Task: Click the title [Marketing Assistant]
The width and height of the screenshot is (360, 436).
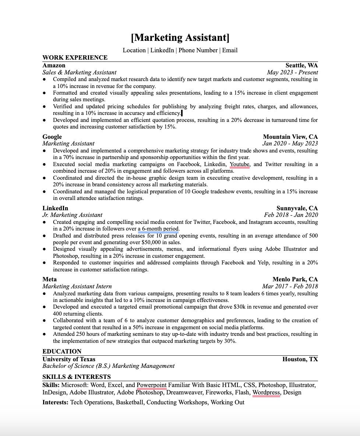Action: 180,38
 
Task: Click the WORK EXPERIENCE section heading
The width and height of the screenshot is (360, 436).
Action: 75,57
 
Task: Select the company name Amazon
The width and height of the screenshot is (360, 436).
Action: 54,66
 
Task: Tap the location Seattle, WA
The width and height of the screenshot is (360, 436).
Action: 301,66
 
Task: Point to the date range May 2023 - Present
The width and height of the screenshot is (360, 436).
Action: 292,73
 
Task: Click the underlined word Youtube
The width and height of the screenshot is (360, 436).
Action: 240,164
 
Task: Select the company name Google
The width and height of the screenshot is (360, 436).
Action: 52,137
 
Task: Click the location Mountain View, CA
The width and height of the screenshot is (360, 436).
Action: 290,137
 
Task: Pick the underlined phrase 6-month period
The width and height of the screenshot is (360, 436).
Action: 160,229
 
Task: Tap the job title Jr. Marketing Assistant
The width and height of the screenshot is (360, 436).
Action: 72,215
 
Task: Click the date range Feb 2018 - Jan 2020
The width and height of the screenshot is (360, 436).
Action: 291,215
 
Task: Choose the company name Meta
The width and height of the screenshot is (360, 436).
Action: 49,279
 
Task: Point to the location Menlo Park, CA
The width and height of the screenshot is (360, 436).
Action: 295,279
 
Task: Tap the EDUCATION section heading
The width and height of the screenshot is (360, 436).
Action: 62,351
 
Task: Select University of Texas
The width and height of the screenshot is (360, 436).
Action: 69,359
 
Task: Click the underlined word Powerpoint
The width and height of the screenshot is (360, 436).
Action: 151,385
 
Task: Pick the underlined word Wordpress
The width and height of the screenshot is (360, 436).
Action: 266,393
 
